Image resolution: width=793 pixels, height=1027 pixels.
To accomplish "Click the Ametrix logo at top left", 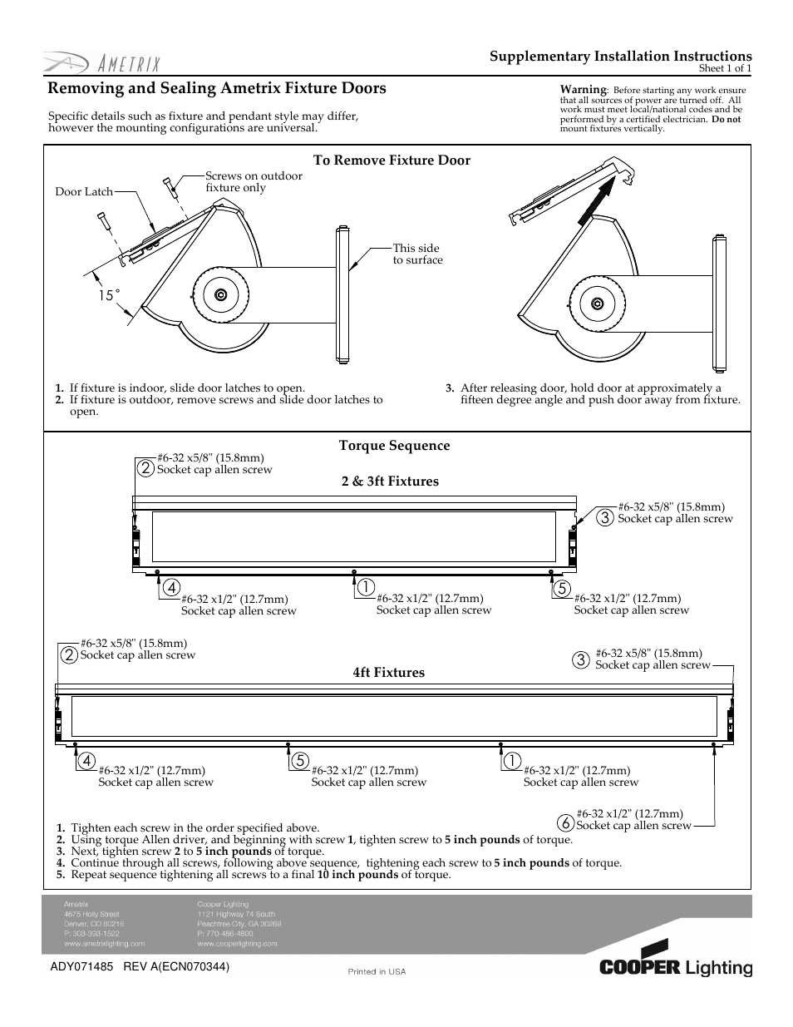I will coord(102,64).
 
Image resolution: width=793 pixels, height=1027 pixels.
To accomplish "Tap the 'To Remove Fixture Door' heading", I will coord(392,160).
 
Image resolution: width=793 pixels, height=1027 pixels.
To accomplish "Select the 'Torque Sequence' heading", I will coord(394,446).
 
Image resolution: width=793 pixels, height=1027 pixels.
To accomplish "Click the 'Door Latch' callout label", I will coord(84,192).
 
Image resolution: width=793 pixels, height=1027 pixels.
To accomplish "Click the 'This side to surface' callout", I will coord(417,254).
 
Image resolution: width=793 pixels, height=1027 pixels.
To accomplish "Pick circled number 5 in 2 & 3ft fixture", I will coord(563,588).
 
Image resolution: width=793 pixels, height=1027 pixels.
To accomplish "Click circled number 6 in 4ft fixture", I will coord(566,822).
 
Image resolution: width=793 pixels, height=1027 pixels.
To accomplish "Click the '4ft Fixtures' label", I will coord(388,673).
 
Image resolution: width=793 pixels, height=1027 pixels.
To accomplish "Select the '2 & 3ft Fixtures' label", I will coord(390,481).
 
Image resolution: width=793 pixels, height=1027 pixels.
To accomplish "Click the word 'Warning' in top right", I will coord(583,90).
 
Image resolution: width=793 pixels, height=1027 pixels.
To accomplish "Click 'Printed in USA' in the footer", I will coord(377,972).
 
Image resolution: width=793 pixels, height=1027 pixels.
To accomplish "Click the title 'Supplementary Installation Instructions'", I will coord(620,57).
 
